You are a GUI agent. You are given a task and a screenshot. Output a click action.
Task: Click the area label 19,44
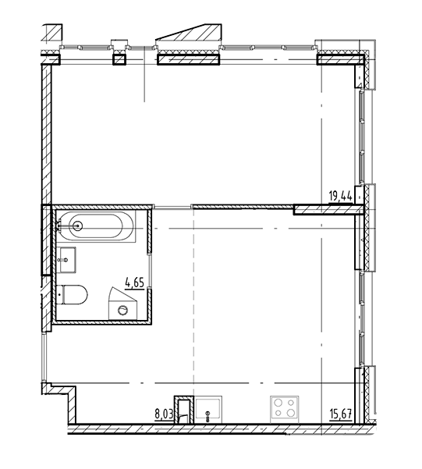coord(340,196)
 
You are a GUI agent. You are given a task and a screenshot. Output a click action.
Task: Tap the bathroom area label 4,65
coord(135,282)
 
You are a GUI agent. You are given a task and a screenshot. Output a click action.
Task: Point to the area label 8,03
coord(164,414)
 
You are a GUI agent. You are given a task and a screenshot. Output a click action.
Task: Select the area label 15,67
coord(340,414)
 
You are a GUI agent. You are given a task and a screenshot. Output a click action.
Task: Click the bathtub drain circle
coord(78,226)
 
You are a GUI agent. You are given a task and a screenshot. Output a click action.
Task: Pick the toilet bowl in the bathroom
coord(76,295)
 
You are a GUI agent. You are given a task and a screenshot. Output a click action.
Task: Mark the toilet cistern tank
coord(59,295)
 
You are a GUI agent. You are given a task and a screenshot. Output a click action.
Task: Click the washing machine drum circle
coord(123,310)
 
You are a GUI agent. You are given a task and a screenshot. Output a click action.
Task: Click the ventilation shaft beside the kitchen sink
coord(184,410)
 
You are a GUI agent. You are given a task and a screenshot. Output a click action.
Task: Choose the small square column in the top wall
coord(119,59)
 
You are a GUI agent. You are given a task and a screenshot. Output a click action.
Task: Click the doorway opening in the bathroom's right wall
coord(150,272)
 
